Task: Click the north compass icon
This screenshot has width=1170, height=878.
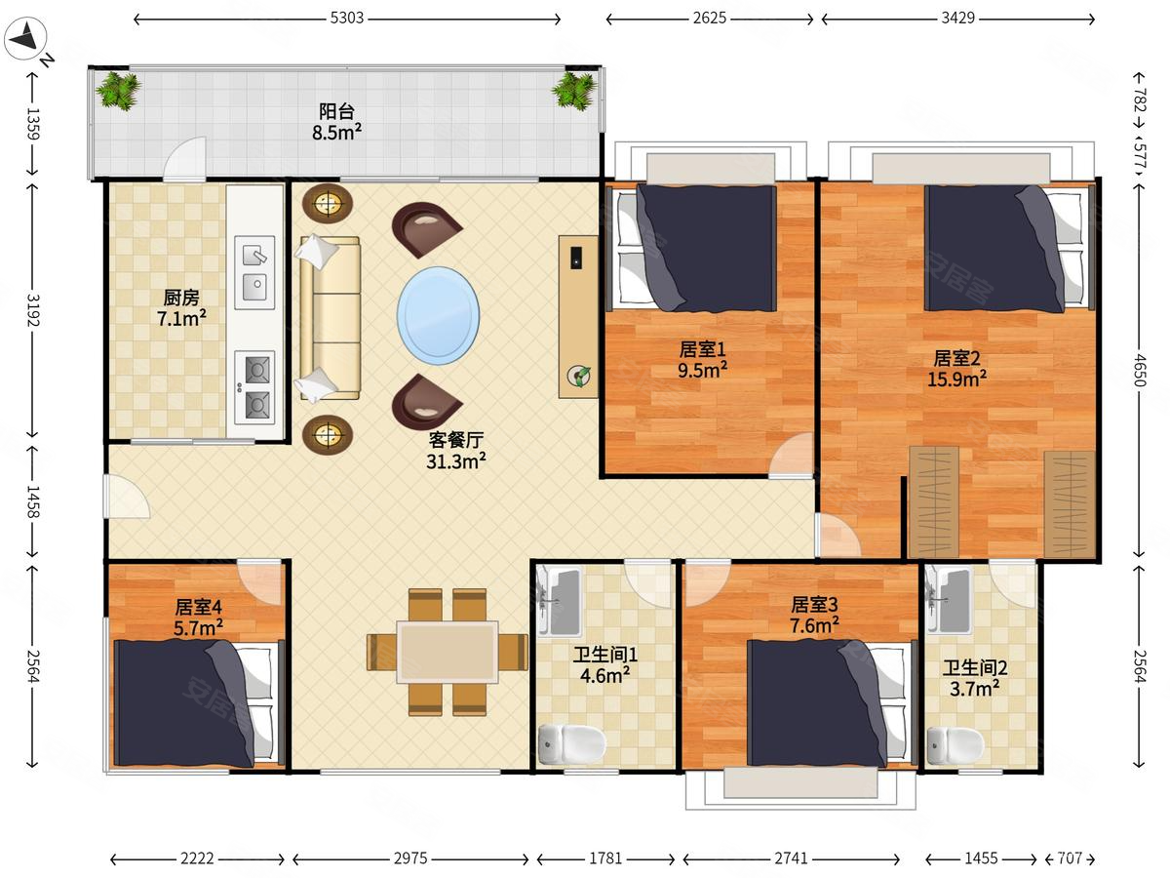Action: click(x=25, y=39)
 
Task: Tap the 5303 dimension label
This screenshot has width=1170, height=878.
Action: click(x=346, y=19)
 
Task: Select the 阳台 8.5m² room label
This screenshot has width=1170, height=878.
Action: click(x=337, y=122)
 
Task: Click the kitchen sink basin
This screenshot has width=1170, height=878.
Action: click(x=254, y=272)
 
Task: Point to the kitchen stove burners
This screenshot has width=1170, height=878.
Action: click(x=254, y=387)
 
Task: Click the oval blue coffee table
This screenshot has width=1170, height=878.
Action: click(x=438, y=315)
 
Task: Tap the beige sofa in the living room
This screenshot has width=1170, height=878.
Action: click(x=330, y=318)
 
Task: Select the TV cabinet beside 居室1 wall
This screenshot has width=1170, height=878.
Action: click(x=578, y=317)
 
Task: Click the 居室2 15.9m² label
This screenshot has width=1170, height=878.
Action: click(x=956, y=369)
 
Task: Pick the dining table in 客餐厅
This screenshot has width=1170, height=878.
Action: click(x=448, y=652)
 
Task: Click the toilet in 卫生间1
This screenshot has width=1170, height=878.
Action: click(x=572, y=743)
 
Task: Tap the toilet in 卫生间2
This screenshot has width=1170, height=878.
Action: click(x=955, y=745)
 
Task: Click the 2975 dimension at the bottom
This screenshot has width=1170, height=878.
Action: click(x=410, y=858)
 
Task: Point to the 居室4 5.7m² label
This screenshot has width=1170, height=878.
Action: click(x=198, y=618)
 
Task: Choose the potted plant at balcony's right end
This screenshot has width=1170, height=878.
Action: click(x=574, y=91)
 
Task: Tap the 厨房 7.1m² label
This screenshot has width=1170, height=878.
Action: click(x=181, y=308)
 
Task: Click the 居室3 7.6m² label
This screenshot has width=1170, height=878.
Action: click(x=814, y=615)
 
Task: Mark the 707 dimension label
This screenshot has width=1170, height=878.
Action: click(x=1070, y=858)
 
